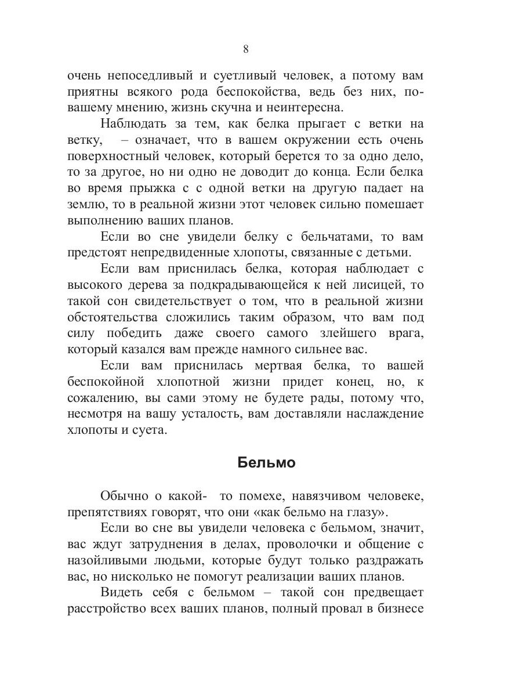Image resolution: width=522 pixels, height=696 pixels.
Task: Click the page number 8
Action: [x=246, y=49]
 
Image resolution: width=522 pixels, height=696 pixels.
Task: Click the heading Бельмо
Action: [x=267, y=463]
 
